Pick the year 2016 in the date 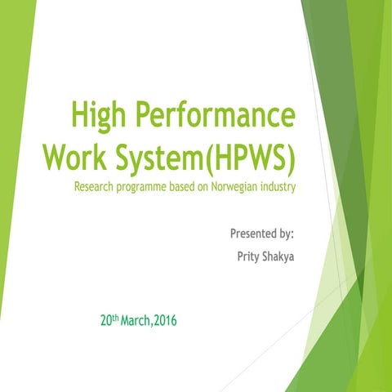coord(165,319)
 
